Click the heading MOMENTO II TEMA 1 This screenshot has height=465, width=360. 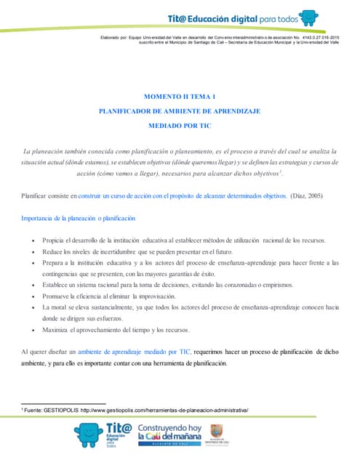pos(179,96)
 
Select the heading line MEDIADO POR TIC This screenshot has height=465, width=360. pos(179,125)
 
